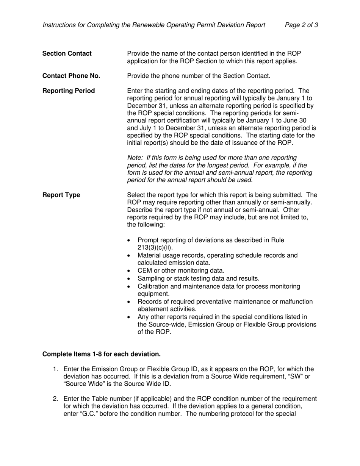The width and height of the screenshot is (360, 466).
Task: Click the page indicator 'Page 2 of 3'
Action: pos(301,25)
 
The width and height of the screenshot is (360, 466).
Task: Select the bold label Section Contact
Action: pos(67,53)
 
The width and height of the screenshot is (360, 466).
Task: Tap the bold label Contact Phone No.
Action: pos(71,76)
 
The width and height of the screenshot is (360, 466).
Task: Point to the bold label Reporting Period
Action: pos(69,91)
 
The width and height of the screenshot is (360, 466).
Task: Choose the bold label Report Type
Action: pos(61,195)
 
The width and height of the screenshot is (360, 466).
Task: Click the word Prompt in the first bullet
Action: pos(149,240)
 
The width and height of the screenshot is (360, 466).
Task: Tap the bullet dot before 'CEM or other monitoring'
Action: pos(130,271)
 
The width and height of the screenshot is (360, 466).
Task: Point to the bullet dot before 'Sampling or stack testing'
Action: pos(130,279)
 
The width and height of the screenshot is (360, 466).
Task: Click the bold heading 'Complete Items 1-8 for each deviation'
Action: pos(102,354)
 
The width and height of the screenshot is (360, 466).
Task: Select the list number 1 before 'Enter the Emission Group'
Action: pos(55,369)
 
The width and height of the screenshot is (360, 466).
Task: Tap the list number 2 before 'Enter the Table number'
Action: pos(55,399)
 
